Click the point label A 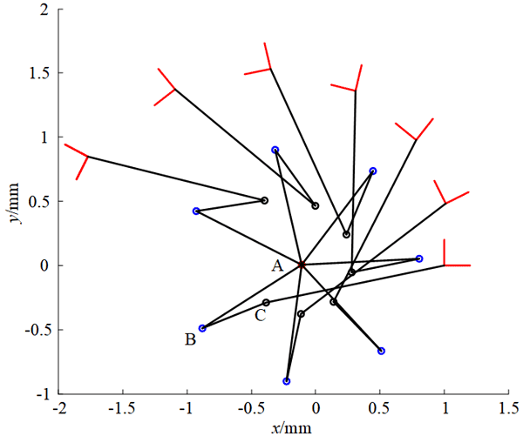277,266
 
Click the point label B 190,339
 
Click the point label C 260,315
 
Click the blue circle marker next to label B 202,328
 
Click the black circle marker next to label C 266,303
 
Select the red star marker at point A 301,265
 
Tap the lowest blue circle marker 287,381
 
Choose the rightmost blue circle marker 419,258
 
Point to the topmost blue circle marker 275,150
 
